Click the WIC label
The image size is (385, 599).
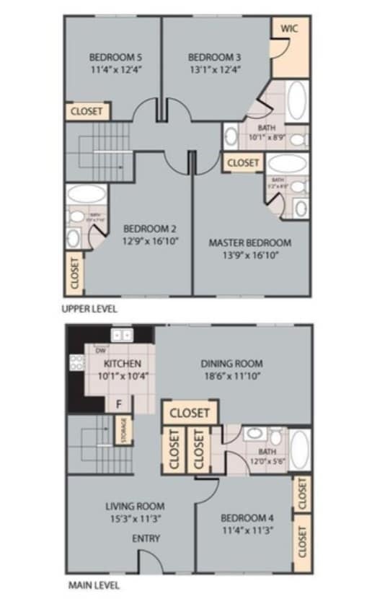click(289, 28)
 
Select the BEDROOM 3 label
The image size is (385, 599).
click(214, 57)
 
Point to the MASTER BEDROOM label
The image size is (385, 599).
click(250, 242)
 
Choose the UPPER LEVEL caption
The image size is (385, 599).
click(90, 308)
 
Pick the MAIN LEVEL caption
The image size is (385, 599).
click(94, 585)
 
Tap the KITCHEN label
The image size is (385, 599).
click(123, 364)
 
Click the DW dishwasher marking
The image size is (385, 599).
click(101, 350)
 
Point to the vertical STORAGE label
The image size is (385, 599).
click(124, 432)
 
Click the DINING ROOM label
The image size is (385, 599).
click(231, 364)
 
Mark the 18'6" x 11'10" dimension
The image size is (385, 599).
click(231, 376)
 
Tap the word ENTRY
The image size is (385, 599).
click(146, 538)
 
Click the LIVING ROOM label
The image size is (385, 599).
click(135, 506)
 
